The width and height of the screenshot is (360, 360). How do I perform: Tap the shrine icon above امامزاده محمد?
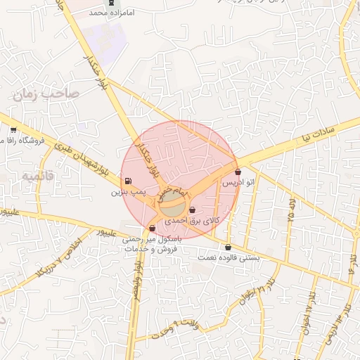point(110,3)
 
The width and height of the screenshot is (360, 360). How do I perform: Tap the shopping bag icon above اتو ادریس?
point(238,172)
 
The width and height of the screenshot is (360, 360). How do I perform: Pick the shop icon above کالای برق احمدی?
point(192,210)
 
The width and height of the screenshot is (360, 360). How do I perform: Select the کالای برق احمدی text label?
point(192,220)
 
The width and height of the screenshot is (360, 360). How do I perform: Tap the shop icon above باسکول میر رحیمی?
point(152,228)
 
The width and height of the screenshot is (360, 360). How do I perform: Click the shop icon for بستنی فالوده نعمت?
point(229,247)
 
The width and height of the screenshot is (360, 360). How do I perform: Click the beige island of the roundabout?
point(171,207)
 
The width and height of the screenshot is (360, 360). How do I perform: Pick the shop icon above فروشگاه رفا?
point(13,130)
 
